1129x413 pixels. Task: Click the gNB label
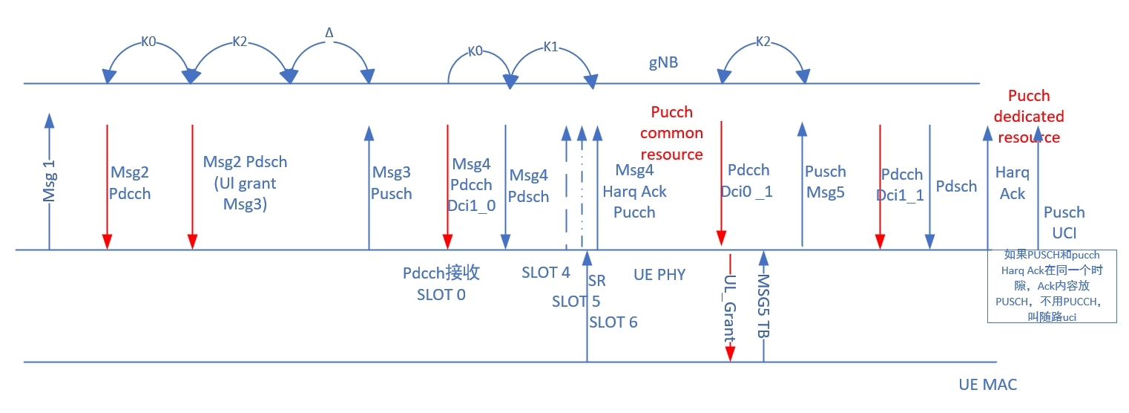[663, 63]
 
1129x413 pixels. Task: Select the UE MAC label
[987, 385]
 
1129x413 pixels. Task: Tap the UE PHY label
[659, 275]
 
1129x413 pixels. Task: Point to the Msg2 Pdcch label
[130, 183]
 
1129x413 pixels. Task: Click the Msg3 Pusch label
[392, 183]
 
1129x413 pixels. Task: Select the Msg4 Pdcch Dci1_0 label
[473, 185]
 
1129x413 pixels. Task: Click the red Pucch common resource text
[671, 133]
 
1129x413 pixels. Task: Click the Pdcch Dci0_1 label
[748, 181]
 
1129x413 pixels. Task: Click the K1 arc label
[550, 47]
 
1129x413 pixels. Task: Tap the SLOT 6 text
[613, 322]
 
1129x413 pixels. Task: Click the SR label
[596, 281]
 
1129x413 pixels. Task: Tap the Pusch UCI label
[1064, 222]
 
